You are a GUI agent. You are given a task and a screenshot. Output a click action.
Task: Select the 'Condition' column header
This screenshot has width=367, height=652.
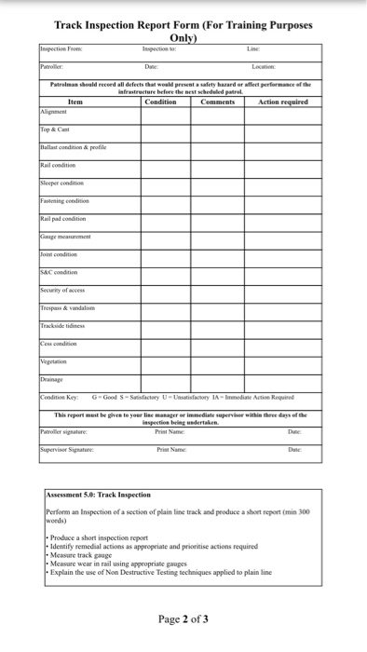click(161, 102)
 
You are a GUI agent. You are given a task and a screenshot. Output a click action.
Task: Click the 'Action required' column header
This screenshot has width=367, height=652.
click(282, 102)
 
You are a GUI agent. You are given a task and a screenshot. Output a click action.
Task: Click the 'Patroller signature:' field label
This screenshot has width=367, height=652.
click(65, 430)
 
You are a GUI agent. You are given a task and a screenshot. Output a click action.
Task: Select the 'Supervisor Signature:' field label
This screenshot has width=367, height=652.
click(68, 450)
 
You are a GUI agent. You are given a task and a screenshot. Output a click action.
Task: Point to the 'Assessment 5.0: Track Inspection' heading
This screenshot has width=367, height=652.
click(98, 495)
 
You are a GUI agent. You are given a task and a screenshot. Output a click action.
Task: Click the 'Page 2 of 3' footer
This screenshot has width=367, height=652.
click(183, 618)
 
